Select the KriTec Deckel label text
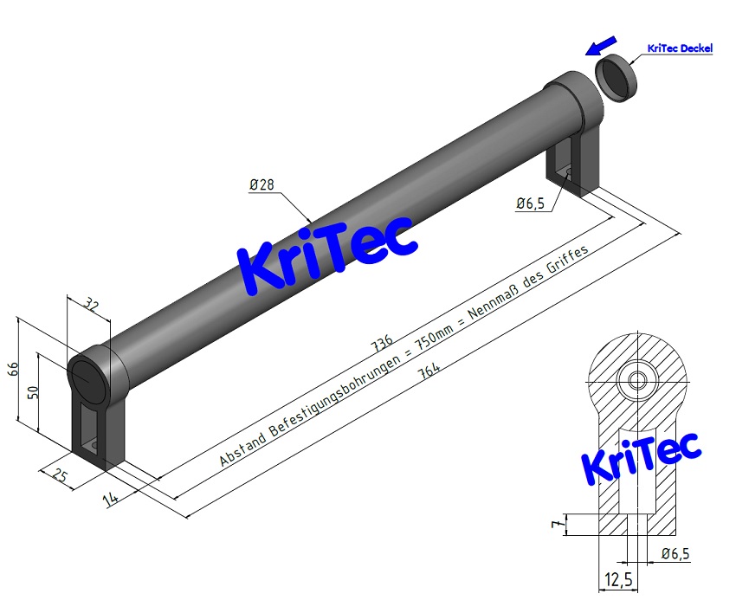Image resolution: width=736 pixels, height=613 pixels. tap(680, 48)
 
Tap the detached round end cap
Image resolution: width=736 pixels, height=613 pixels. tap(616, 75)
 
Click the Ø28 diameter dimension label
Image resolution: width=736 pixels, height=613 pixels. tap(261, 184)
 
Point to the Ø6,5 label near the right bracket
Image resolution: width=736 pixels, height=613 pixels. tap(530, 203)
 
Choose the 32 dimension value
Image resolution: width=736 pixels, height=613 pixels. tap(92, 305)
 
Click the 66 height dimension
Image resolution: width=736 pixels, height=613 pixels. tap(14, 369)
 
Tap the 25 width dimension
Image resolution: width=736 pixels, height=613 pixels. tap(60, 476)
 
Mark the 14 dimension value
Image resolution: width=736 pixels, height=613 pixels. tap(110, 498)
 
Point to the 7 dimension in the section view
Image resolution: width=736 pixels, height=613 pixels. tap(558, 522)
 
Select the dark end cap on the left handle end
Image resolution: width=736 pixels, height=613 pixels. tap(86, 379)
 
